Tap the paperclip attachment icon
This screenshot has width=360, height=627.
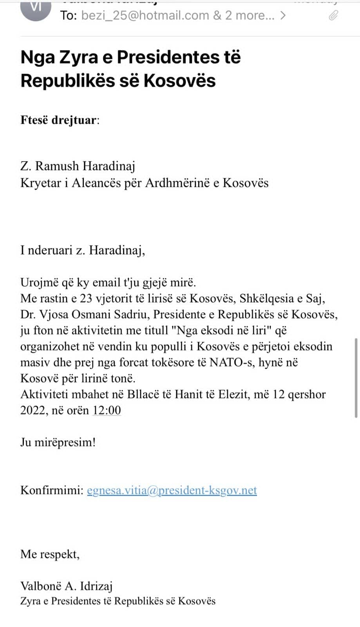333,15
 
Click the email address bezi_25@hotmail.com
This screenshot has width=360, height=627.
145,15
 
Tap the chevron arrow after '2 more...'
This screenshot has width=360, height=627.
283,15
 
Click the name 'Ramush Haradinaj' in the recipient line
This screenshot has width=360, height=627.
85,166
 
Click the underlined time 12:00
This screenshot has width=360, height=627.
107,410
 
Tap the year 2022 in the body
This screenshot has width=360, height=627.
33,410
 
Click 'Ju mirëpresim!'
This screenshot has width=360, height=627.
58,442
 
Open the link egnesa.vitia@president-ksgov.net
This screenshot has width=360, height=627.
172,490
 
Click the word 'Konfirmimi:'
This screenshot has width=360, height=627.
52,490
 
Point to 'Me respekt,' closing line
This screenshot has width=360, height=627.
50,554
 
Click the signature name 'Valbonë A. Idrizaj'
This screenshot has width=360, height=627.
67,586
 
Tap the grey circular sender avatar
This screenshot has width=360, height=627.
35,10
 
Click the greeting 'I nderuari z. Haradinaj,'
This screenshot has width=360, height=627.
83,250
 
